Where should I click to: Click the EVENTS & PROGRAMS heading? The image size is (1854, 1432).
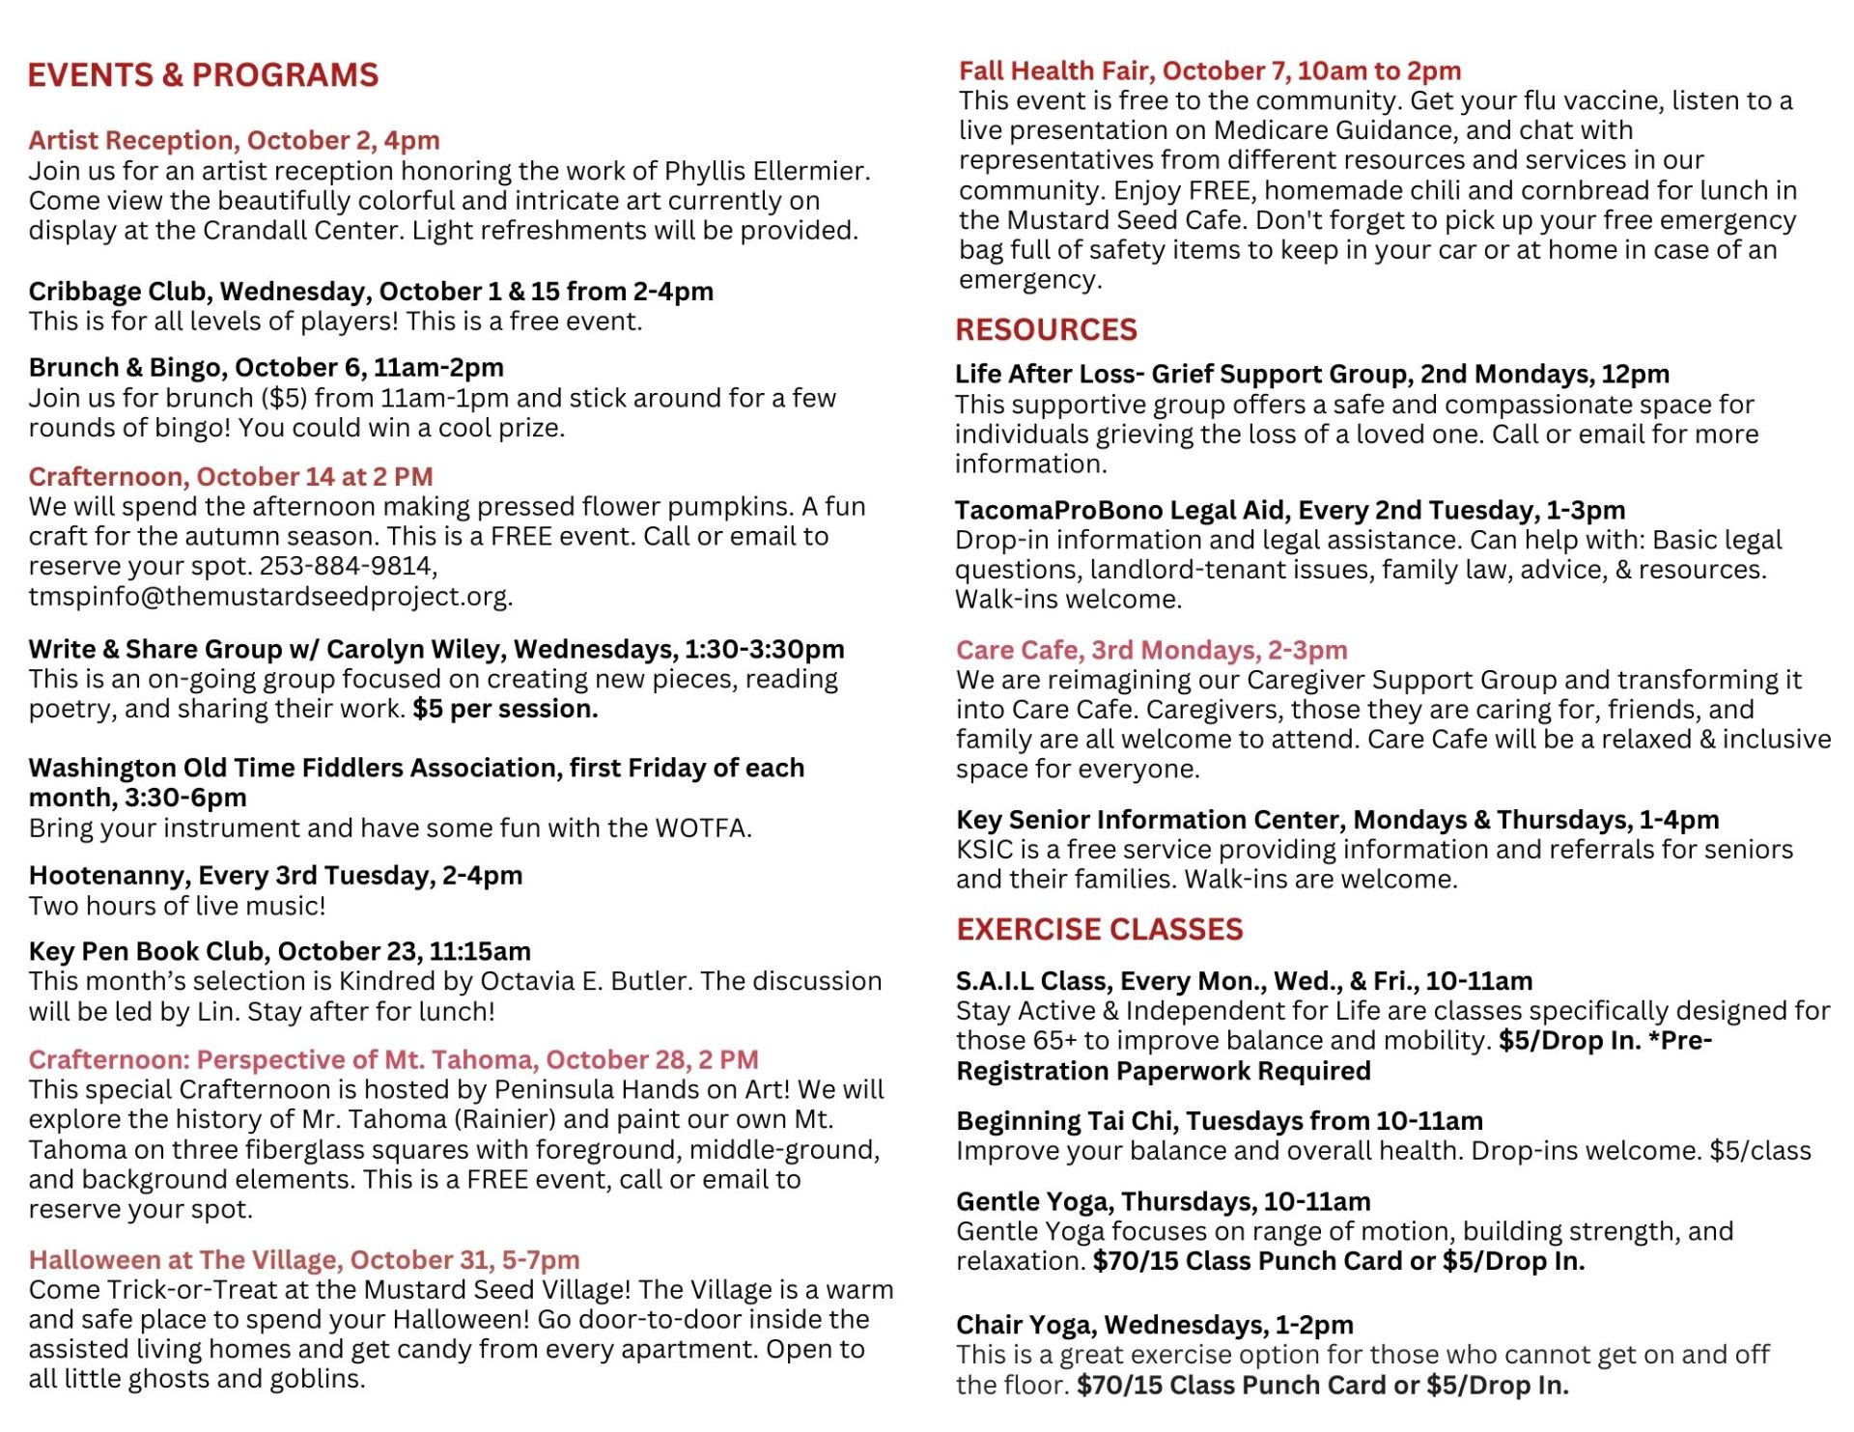pos(203,75)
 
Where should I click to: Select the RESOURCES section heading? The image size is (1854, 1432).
pos(1046,330)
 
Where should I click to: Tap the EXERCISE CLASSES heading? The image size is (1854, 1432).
pos(1099,930)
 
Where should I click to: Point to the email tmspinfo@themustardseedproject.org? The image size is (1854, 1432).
pos(269,597)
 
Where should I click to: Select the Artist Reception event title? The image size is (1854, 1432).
pos(234,141)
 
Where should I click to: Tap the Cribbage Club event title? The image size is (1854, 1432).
pos(371,292)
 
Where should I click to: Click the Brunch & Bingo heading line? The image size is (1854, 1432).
pos(266,368)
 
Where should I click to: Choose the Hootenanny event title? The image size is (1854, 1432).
pos(275,876)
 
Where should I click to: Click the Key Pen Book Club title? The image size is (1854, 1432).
pos(279,952)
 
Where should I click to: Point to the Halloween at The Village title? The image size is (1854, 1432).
pos(303,1260)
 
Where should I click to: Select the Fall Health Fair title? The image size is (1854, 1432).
pos(1209,71)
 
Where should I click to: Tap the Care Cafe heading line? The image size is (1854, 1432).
pos(1151,651)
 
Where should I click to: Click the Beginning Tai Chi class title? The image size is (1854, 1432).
pos(1219,1121)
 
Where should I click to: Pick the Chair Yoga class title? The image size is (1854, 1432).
pos(1154,1325)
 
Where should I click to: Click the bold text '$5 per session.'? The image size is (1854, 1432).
pos(505,710)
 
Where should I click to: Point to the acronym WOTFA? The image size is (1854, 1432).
pos(701,828)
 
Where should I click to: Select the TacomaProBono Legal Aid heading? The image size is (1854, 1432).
pos(1289,511)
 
